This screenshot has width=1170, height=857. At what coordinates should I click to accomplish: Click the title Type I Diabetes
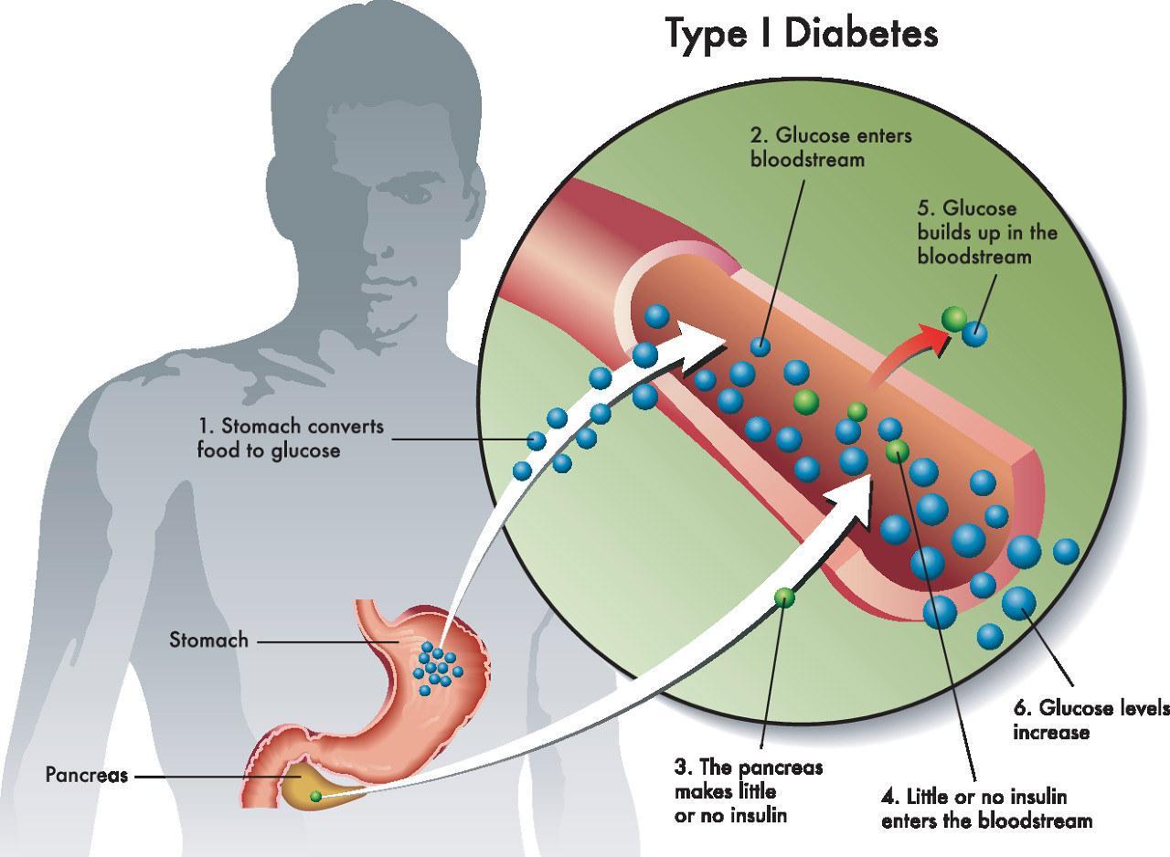click(801, 34)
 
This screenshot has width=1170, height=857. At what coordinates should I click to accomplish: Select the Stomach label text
click(208, 640)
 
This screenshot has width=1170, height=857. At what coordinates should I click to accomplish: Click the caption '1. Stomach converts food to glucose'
click(291, 438)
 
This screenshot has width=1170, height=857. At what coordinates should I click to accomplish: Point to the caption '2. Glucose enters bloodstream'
click(830, 147)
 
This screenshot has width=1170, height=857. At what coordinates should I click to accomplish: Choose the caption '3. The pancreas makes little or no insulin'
click(748, 790)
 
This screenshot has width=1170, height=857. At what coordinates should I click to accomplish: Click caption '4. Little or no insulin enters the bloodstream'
click(986, 809)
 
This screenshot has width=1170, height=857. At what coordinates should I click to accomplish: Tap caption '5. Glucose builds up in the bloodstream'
click(987, 232)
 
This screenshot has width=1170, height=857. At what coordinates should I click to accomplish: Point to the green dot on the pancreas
click(315, 797)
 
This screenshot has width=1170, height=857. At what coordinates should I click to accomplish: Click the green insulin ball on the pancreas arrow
click(784, 598)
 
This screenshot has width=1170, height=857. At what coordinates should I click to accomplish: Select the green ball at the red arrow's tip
click(954, 317)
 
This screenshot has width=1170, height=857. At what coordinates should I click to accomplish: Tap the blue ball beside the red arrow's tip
click(974, 332)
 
